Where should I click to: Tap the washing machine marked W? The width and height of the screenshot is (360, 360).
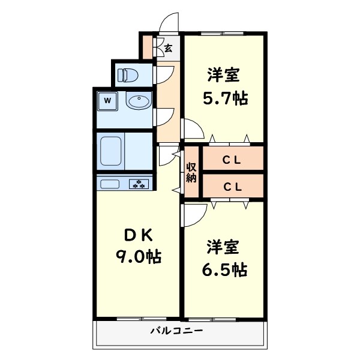coord(107,100)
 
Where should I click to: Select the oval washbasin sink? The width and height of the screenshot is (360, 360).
coord(139,101)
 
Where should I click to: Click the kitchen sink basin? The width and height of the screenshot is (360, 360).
coord(112,184)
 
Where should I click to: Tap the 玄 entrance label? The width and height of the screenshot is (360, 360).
coord(169,47)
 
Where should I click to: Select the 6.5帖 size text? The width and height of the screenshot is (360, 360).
coord(224,269)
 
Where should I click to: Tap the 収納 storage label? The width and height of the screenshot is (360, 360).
coord(191,172)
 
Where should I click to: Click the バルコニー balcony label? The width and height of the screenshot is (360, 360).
coord(176,331)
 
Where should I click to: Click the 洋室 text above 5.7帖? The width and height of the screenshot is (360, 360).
coord(224,75)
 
